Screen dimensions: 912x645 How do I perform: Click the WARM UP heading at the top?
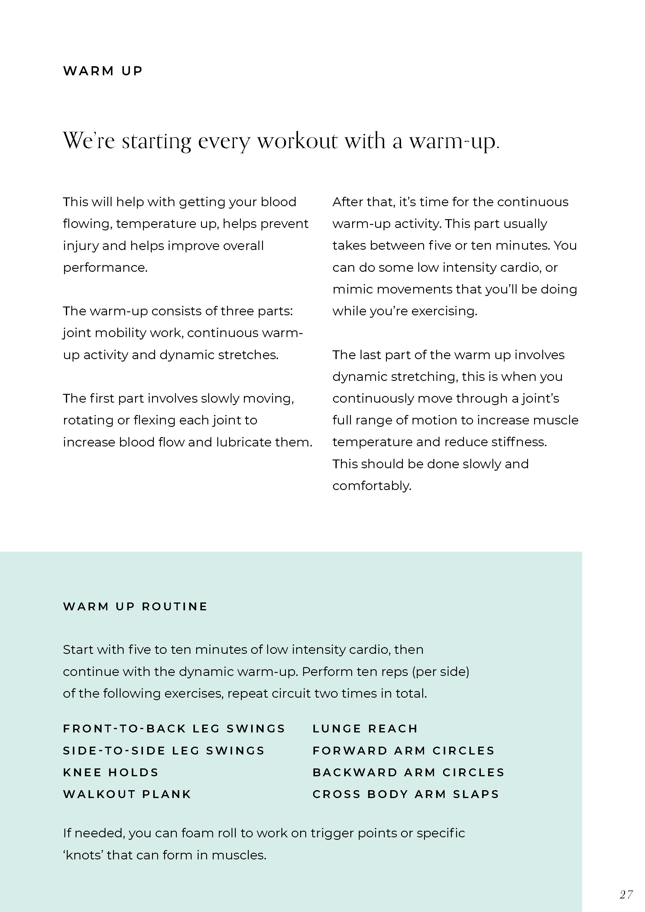click(103, 71)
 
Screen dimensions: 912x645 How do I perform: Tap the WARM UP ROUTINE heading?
click(135, 607)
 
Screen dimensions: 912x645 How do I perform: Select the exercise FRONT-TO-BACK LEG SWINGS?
click(174, 729)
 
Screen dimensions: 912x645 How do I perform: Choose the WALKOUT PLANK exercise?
click(127, 794)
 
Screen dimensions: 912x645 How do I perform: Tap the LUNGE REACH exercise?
click(365, 729)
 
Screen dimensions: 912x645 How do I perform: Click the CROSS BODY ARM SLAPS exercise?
click(406, 794)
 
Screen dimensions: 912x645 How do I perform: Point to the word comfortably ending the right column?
click(372, 486)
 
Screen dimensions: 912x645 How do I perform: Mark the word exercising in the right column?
click(444, 311)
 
